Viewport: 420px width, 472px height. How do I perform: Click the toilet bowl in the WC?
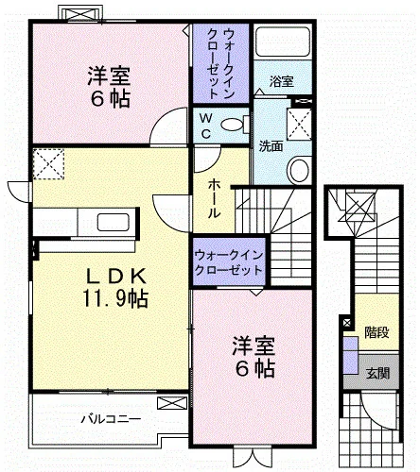232,125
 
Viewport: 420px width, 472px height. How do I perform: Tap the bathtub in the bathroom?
283,42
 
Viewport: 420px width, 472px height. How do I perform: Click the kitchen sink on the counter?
114,223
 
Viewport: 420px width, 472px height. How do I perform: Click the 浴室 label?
281,81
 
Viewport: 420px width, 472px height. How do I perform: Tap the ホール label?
214,198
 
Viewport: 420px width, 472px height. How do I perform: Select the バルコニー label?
111,419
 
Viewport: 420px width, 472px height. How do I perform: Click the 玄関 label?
378,373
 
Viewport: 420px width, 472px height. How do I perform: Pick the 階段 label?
376,332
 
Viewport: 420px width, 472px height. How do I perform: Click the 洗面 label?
271,146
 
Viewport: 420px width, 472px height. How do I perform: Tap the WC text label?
205,126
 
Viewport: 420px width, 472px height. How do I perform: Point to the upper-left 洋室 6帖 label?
109,87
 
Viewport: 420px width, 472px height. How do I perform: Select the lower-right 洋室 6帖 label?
254,357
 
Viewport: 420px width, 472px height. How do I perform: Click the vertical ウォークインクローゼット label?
221,64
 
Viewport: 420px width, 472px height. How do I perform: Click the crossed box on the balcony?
172,403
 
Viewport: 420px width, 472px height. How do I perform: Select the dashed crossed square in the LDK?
48,164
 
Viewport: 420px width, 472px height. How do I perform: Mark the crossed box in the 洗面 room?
299,124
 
